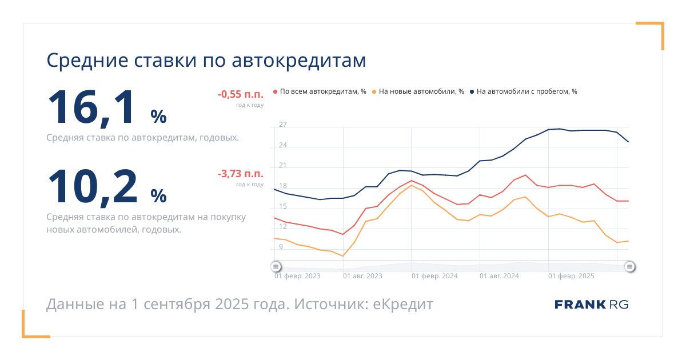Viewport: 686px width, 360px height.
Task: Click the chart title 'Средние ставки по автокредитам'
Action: (x=206, y=61)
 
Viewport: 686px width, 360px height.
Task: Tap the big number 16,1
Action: (x=91, y=108)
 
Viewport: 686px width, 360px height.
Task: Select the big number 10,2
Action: (x=93, y=187)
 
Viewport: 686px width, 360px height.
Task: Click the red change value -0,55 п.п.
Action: (x=241, y=94)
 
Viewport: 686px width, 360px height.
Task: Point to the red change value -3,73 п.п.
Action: (x=241, y=174)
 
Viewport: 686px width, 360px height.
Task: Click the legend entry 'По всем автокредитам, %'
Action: (x=320, y=91)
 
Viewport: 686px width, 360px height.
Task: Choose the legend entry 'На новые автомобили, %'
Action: (x=418, y=91)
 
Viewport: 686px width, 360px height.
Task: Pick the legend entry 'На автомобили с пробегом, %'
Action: (x=524, y=91)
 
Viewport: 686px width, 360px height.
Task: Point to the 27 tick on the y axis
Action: (x=282, y=125)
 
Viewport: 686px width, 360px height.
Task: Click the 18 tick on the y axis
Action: (x=282, y=186)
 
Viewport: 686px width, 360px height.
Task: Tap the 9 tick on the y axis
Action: (x=281, y=247)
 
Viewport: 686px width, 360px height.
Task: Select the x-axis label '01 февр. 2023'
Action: (x=297, y=276)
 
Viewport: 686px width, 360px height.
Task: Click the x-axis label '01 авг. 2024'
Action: (x=499, y=276)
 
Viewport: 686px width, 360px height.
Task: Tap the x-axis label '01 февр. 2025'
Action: (x=571, y=276)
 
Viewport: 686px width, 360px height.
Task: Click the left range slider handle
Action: (x=276, y=267)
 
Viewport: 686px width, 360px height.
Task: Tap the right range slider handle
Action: (x=629, y=267)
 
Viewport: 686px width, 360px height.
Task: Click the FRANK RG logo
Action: (x=591, y=305)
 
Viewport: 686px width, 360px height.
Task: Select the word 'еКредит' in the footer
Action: (x=402, y=304)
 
